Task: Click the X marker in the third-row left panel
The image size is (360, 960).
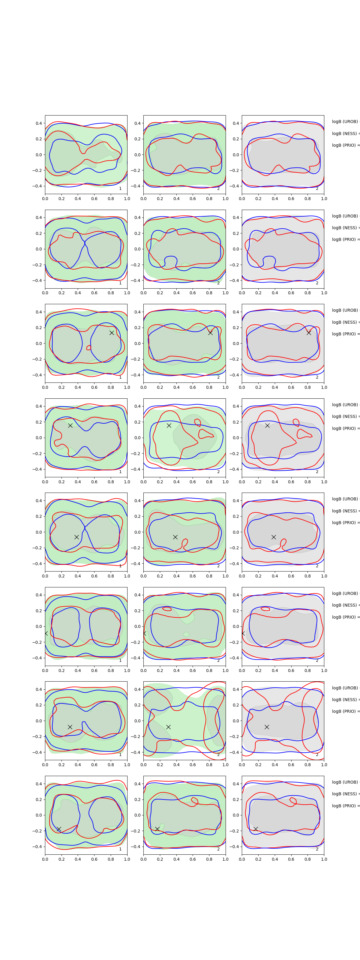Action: coord(111,332)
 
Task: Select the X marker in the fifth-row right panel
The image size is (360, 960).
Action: coord(274,537)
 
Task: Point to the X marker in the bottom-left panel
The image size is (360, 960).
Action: coord(58,829)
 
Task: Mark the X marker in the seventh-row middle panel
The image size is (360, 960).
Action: coord(168,727)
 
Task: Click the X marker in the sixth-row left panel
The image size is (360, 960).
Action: coord(46,633)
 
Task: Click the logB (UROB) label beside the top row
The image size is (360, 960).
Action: coord(345,121)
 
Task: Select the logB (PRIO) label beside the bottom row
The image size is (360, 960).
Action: coord(345,806)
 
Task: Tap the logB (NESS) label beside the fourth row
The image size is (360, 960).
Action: coord(345,416)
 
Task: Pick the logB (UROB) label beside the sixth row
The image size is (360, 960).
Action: coord(345,593)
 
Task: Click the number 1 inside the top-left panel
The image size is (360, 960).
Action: coord(120,189)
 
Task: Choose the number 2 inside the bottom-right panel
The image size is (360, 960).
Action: coord(317,849)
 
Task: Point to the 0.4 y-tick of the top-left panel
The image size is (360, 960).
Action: coord(39,123)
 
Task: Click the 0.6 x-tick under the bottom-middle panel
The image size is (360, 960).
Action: coord(193,859)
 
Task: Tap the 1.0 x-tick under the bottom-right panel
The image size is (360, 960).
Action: coord(324,859)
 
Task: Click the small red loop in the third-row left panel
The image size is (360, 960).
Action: coord(89,348)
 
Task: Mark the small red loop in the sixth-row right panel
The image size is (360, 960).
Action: coord(265,609)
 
